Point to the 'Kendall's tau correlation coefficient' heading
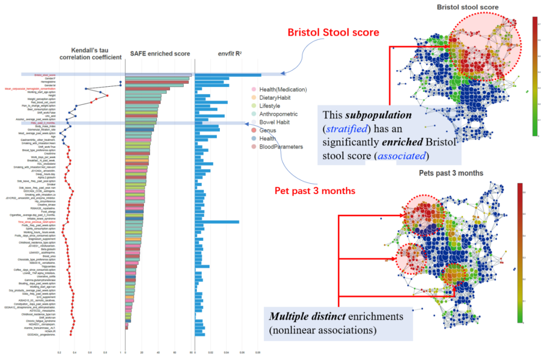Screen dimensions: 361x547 [90, 54]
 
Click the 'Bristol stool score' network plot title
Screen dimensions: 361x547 [467, 7]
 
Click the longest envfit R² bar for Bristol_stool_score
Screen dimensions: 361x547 [228, 75]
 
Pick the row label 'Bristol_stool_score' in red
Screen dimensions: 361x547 [45, 75]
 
